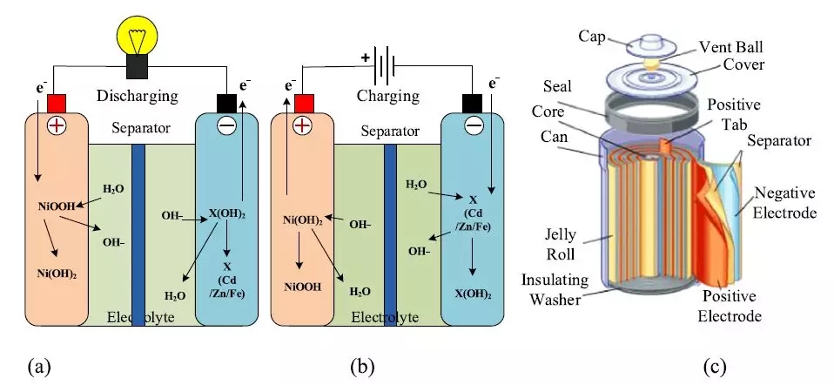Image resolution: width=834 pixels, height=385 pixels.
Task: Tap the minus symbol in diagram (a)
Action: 225,125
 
